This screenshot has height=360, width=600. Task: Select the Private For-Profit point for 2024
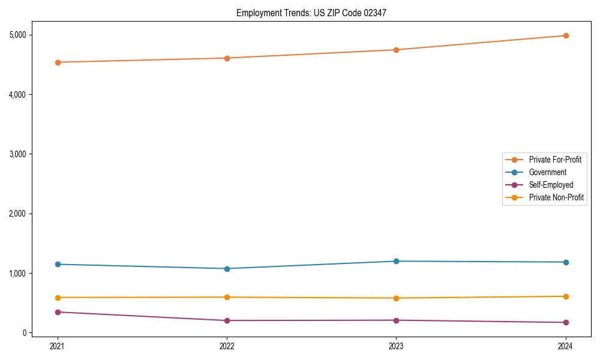click(x=566, y=35)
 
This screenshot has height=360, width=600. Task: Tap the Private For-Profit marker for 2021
click(x=58, y=62)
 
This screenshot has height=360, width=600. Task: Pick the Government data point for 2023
click(x=397, y=261)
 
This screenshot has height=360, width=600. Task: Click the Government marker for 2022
click(x=227, y=269)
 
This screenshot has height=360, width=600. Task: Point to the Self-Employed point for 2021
click(x=58, y=312)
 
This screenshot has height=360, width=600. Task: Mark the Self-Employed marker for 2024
click(x=566, y=323)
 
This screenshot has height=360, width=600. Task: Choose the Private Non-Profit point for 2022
click(x=227, y=297)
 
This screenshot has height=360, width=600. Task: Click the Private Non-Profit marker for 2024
click(x=566, y=296)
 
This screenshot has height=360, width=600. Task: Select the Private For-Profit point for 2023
click(x=397, y=50)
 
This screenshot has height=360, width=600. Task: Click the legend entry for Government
click(x=547, y=172)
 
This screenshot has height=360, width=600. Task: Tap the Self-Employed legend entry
click(x=551, y=185)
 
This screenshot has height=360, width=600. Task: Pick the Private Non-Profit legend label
click(x=556, y=197)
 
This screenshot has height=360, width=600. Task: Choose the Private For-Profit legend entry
click(x=555, y=160)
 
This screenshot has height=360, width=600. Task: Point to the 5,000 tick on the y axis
click(x=19, y=35)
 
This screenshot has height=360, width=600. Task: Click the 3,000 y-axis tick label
click(x=19, y=154)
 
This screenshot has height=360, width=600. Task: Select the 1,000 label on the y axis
click(x=19, y=274)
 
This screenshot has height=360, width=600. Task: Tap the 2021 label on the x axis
click(x=58, y=346)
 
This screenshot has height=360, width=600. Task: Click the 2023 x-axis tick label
click(x=397, y=346)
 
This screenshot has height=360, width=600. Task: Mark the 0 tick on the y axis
click(x=26, y=333)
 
